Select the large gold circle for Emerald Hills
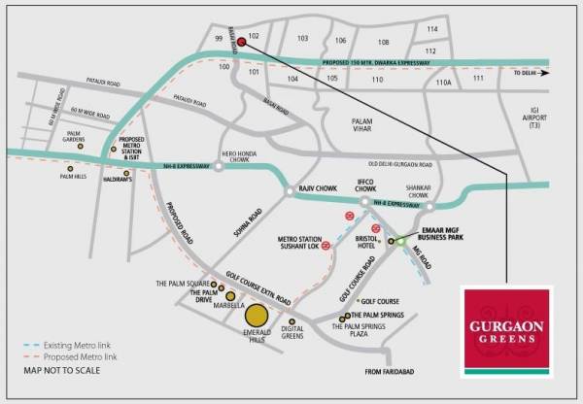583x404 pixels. tap(257, 316)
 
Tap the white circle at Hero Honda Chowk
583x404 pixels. tap(220, 166)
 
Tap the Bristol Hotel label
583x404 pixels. tap(366, 241)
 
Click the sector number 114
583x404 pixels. tap(431, 29)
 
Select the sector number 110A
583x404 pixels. tap(444, 83)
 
